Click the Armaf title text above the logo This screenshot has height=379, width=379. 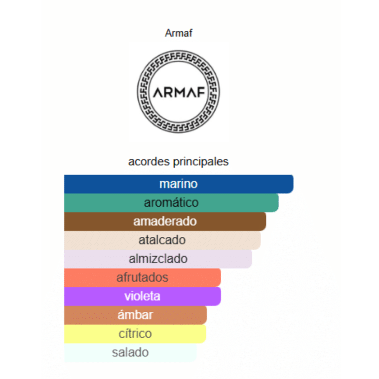click(x=178, y=34)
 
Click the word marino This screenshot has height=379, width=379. click(x=178, y=184)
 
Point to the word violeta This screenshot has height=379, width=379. click(x=142, y=297)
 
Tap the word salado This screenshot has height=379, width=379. click(x=130, y=353)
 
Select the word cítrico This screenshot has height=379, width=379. click(x=135, y=334)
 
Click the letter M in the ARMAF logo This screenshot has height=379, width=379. click(x=179, y=92)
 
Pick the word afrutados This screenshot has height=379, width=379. click(x=142, y=277)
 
